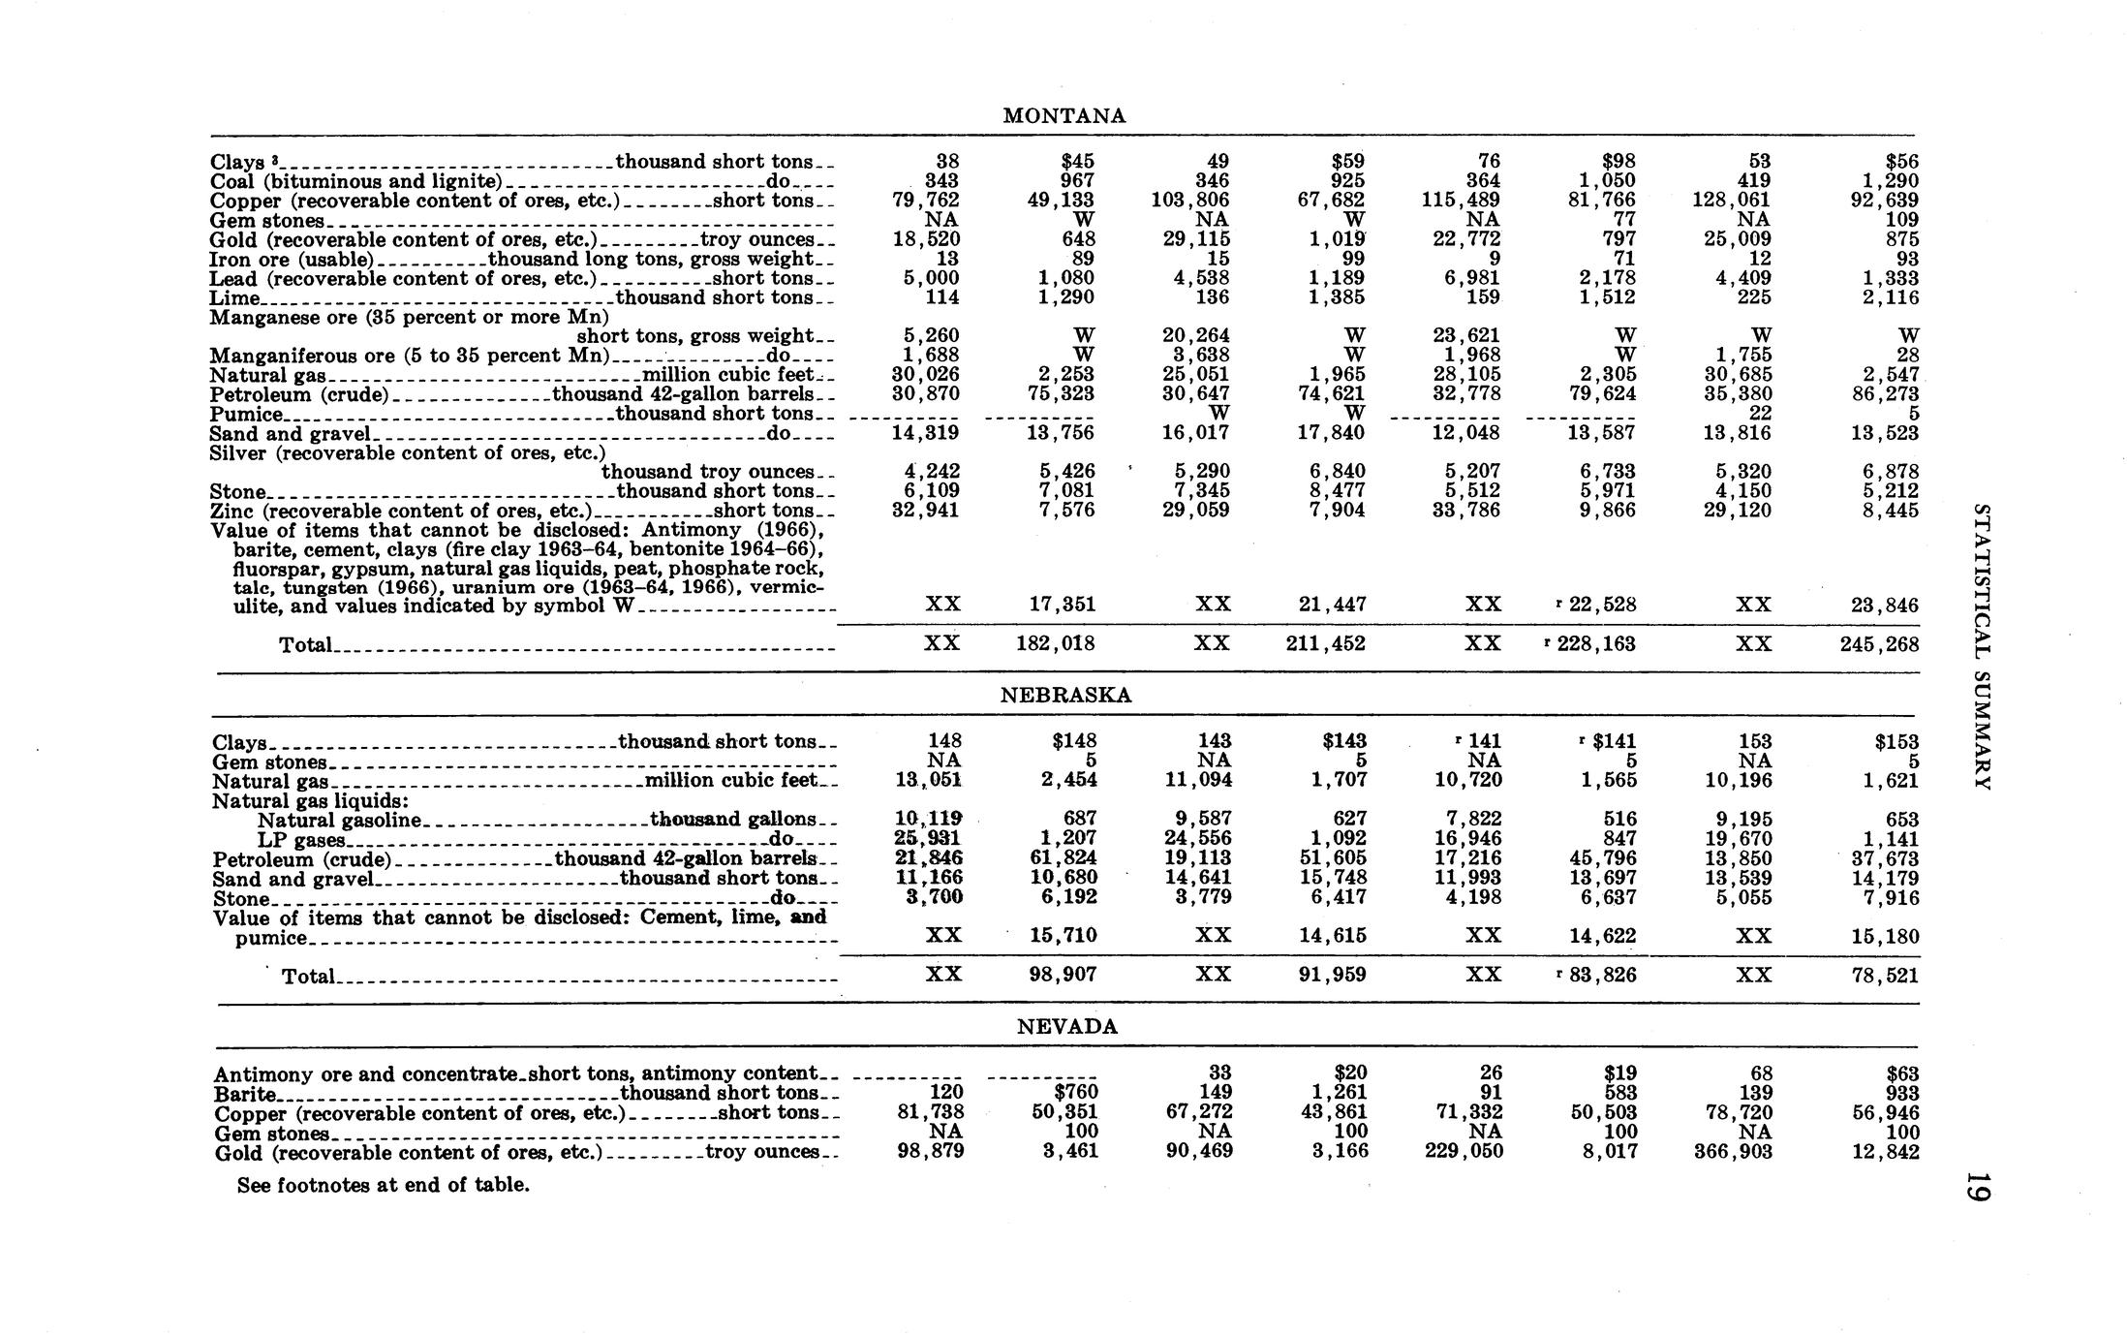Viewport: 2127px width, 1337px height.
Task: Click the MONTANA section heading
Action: (x=1064, y=116)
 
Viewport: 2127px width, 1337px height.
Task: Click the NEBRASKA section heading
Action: (x=1065, y=696)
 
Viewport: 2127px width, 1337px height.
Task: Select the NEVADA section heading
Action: (x=1067, y=1027)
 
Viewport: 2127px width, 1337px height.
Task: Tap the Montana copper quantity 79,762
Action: (x=925, y=201)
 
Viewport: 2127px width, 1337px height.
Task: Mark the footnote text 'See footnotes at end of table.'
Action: (x=384, y=1185)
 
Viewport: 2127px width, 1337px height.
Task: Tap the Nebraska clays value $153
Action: (x=1896, y=742)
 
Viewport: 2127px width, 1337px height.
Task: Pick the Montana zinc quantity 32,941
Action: (x=925, y=511)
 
